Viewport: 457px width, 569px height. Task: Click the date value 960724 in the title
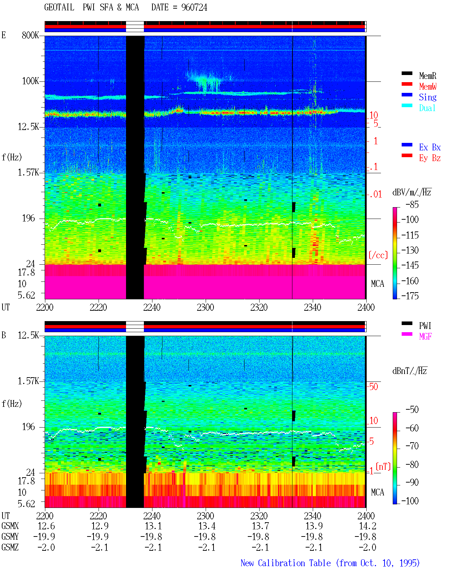(x=194, y=8)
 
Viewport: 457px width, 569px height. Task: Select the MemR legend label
(x=428, y=76)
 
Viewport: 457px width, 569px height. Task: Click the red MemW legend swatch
(x=407, y=84)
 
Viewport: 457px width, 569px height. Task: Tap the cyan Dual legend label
(x=427, y=108)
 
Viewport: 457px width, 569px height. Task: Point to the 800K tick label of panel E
(x=30, y=35)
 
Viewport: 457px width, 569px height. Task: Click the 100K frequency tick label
(x=30, y=81)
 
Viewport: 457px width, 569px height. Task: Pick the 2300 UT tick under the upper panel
(x=205, y=307)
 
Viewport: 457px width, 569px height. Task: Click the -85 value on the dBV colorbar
(x=412, y=204)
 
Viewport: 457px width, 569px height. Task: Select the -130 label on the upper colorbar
(x=410, y=250)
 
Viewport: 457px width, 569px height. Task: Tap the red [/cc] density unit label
(x=378, y=255)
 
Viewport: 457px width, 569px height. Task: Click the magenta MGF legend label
(x=425, y=336)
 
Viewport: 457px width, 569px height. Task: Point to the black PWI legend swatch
(x=407, y=323)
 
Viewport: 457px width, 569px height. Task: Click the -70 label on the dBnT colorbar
(x=412, y=446)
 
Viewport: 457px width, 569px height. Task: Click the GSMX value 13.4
(x=207, y=526)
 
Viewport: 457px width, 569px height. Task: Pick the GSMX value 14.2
(x=367, y=526)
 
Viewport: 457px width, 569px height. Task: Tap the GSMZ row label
(x=10, y=547)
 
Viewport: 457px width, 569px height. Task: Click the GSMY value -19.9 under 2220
(x=97, y=536)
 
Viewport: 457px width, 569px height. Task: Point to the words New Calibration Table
(x=286, y=563)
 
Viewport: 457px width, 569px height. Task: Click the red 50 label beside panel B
(x=373, y=386)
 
